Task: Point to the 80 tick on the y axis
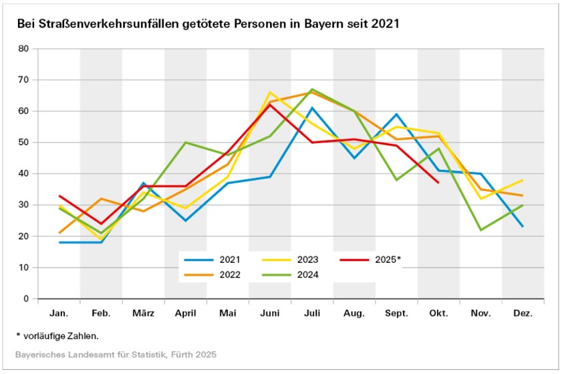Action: click(23, 49)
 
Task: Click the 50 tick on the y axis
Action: click(23, 143)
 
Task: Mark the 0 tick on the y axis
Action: click(26, 299)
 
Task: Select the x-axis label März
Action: click(143, 313)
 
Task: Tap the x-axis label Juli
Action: click(312, 313)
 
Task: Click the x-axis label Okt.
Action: click(438, 313)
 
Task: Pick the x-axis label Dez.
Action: click(523, 313)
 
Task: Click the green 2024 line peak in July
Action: click(312, 89)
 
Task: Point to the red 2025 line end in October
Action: click(438, 183)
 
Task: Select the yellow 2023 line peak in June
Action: click(270, 92)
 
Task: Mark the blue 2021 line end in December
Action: click(523, 227)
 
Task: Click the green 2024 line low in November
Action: click(480, 230)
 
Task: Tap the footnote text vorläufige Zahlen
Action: click(64, 335)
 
